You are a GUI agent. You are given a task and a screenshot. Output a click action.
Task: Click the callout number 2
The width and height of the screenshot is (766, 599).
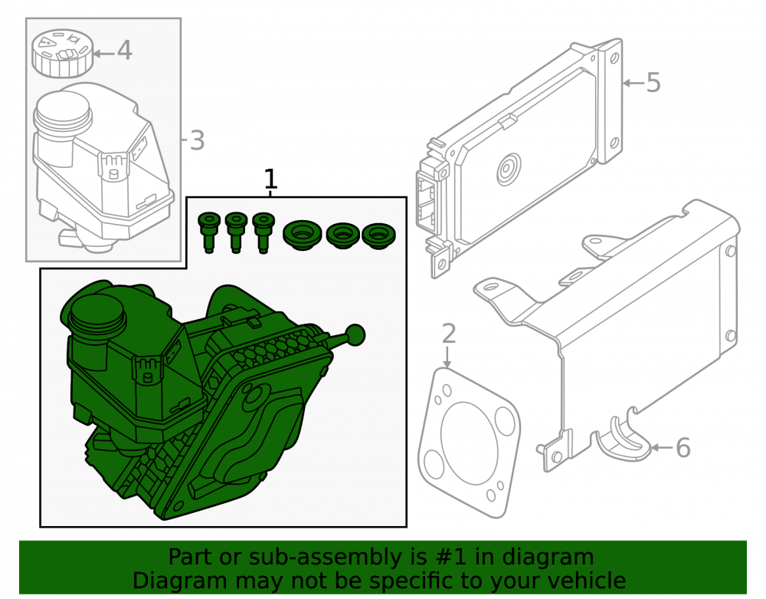(448, 333)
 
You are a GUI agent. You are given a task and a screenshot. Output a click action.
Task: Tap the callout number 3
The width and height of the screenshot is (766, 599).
(197, 140)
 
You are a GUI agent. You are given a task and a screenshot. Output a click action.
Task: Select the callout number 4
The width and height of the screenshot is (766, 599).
(124, 51)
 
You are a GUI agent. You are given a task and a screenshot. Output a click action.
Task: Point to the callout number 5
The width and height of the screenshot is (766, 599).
(653, 82)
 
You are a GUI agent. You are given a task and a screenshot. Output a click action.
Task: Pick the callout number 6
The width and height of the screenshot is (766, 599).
(683, 447)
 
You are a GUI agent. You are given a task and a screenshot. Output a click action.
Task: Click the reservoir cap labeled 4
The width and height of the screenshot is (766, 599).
(61, 53)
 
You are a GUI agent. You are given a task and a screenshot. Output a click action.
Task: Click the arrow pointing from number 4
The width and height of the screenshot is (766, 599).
(103, 53)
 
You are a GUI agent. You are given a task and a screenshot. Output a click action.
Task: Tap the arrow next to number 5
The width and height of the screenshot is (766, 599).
(633, 83)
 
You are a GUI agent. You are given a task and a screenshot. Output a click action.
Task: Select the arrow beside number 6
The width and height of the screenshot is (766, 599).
(662, 447)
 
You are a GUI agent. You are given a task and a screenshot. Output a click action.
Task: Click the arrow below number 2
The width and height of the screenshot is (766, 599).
(447, 357)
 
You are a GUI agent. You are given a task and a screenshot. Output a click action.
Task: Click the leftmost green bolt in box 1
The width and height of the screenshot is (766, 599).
(208, 232)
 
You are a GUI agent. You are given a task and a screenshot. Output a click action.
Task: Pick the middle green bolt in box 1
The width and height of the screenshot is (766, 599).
(236, 232)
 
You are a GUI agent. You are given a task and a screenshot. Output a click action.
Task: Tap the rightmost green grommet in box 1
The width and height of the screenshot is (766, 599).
(378, 235)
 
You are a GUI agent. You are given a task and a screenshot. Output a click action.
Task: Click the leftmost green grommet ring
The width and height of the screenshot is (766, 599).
(303, 235)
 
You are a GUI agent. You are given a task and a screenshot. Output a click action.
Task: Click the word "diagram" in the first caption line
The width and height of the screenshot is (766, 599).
(548, 558)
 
